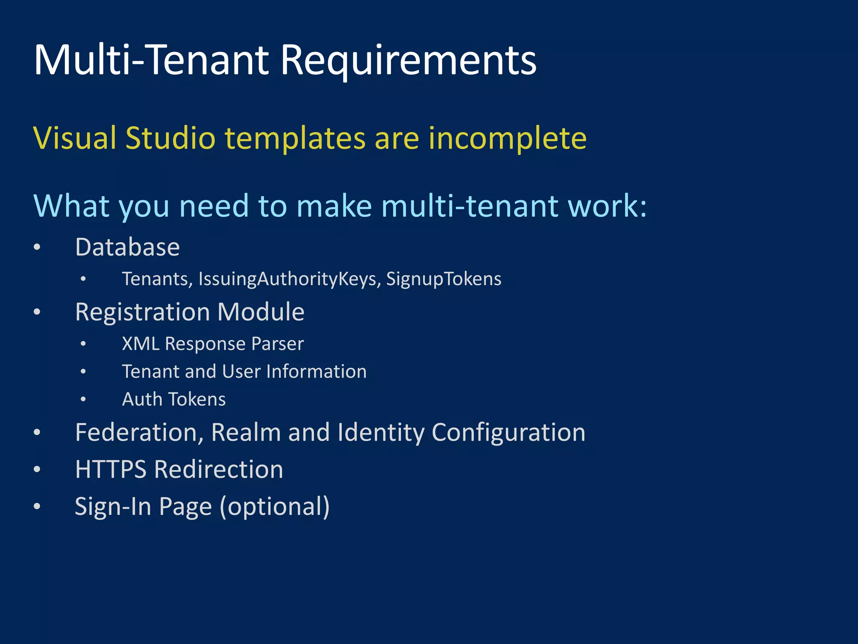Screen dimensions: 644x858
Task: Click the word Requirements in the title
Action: [x=408, y=60]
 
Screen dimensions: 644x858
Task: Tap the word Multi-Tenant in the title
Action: [x=151, y=60]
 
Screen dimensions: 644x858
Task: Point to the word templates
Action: [x=295, y=138]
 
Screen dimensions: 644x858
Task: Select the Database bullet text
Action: [x=127, y=247]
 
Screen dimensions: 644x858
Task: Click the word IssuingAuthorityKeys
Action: [x=289, y=279]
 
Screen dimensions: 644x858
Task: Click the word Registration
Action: [x=142, y=312]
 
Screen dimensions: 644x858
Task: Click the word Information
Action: [x=316, y=371]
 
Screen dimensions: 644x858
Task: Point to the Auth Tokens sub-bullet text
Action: [x=173, y=399]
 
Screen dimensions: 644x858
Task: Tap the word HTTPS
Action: [x=111, y=469]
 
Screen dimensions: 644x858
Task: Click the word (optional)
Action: [x=275, y=506]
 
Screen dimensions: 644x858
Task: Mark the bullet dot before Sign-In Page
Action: [x=37, y=506]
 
